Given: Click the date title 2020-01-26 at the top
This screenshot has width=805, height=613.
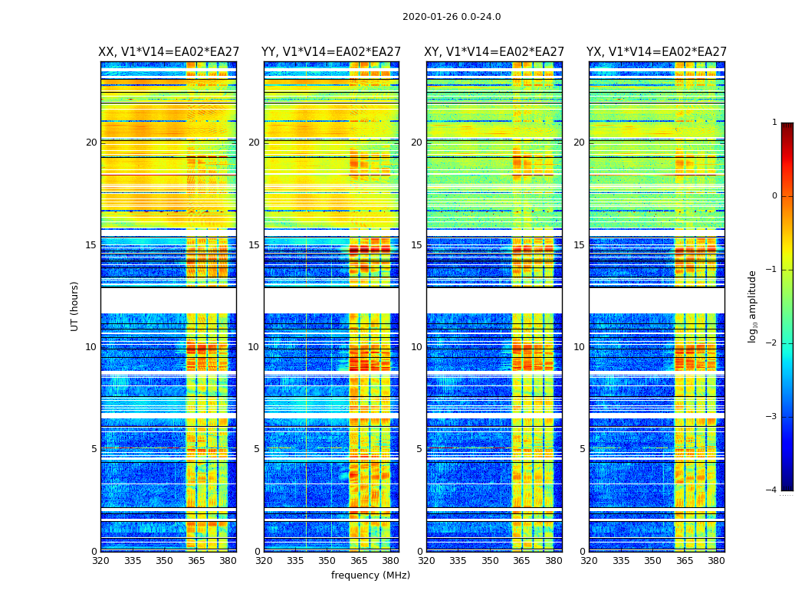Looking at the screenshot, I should [x=452, y=17].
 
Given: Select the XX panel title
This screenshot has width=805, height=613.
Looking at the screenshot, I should [x=168, y=52].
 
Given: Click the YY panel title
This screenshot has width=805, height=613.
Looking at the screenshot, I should [x=331, y=52].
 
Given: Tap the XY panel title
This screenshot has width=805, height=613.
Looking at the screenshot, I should [x=495, y=52].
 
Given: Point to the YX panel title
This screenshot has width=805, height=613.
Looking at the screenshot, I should [x=656, y=52].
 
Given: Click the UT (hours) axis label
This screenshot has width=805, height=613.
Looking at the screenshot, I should [x=75, y=306].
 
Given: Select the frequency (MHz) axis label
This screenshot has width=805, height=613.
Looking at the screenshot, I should [x=370, y=575].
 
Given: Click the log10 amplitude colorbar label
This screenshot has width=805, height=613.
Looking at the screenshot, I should [x=753, y=306].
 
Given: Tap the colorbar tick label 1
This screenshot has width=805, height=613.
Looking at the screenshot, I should [x=774, y=123].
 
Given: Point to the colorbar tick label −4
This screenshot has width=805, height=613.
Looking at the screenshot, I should [x=772, y=490].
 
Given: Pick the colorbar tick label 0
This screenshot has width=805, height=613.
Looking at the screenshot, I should [x=774, y=196].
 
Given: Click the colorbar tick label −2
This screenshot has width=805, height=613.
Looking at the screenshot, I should [x=772, y=343].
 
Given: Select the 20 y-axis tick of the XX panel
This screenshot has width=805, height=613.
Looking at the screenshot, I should [x=91, y=143].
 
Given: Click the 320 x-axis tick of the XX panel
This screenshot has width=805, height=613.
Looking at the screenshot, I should [x=100, y=560].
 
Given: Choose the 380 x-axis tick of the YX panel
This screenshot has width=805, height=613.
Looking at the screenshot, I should [x=716, y=560].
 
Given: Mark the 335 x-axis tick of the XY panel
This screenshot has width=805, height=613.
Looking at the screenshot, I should [x=458, y=560].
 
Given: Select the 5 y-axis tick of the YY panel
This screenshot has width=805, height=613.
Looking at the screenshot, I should [x=257, y=449].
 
